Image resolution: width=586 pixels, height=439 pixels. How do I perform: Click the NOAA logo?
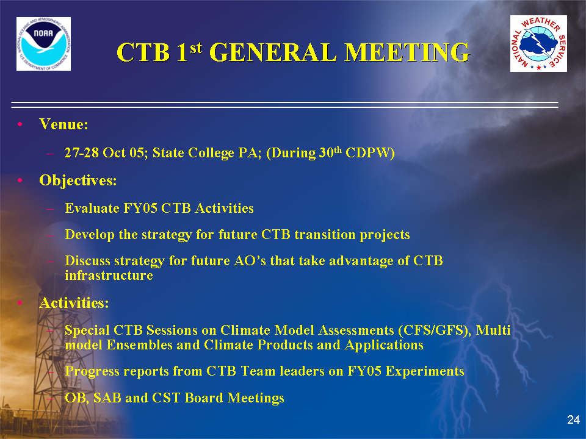pos(43,44)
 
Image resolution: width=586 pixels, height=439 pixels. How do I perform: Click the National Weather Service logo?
pos(538,44)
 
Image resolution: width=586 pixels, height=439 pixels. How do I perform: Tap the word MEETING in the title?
pos(407,52)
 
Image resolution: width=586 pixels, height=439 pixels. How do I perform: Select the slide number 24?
pos(573,419)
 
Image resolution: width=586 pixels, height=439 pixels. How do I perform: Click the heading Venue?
pos(64,124)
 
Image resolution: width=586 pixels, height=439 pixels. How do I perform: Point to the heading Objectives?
pos(78,181)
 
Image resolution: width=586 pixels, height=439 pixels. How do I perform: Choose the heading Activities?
pos(74,303)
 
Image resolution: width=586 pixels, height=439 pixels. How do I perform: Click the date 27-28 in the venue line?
pos(81,152)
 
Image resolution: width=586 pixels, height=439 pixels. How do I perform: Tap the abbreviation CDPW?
pos(370,152)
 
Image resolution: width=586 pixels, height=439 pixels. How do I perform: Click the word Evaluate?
pos(92,209)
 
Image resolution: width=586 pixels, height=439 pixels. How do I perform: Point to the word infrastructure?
pos(109,276)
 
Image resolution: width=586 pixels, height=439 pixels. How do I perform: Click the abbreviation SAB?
pos(107,398)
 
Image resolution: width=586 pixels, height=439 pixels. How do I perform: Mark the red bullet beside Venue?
pos(20,124)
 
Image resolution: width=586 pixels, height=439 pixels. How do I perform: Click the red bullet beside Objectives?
pos(20,180)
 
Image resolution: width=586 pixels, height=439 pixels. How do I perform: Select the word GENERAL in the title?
pos(273,52)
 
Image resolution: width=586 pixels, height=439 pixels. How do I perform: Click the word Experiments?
pos(425,371)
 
